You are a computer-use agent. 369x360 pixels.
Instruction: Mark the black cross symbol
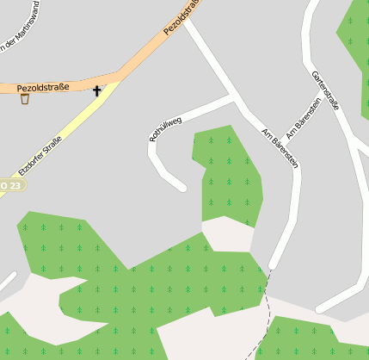click(x=96, y=90)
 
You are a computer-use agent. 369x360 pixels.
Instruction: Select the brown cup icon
click(x=24, y=99)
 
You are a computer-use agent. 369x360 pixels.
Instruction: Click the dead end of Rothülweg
click(x=181, y=186)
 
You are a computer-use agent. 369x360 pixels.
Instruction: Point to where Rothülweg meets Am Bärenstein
click(x=234, y=100)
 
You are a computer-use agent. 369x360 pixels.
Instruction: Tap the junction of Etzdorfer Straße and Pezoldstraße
click(x=116, y=80)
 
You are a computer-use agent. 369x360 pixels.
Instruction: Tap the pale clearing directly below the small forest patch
click(x=227, y=235)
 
